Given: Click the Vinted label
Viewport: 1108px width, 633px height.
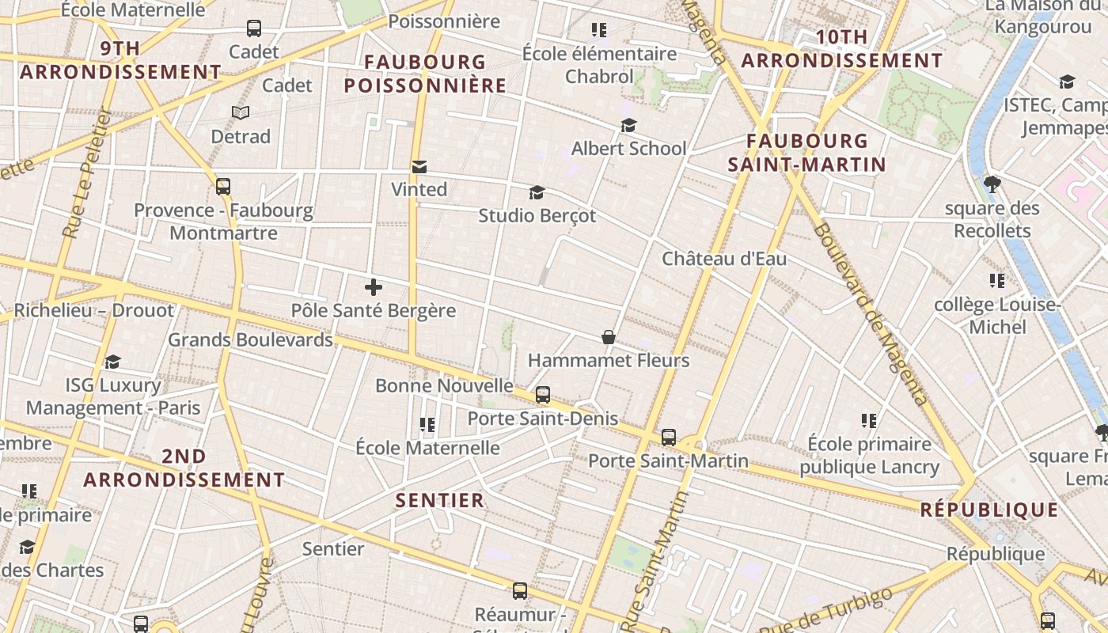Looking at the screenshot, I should point(419,190).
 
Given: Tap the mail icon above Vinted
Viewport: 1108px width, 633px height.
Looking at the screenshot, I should point(419,167).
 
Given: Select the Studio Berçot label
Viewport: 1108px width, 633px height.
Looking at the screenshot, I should point(537,215).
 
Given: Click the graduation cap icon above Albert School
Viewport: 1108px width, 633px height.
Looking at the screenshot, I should point(628,126).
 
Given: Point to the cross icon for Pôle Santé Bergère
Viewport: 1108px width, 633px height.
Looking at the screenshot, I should point(374,287).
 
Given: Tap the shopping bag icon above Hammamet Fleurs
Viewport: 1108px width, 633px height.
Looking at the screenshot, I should point(608,338).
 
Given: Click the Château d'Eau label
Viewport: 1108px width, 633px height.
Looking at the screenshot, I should point(724,259).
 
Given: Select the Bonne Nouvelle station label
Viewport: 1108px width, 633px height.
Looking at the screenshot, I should point(444,386).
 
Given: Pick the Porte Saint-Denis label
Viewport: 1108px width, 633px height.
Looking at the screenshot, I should point(543,419).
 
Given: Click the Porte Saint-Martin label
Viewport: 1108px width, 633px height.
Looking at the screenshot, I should point(668,461).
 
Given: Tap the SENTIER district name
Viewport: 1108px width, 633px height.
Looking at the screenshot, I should point(439,500).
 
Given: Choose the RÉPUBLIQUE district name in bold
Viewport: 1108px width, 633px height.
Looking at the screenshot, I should point(988,510).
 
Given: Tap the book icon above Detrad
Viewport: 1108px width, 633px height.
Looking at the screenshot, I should point(241,113).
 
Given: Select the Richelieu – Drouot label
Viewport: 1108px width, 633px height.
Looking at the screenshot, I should point(93,310).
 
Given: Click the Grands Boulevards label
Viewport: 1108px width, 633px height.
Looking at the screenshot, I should point(250,340).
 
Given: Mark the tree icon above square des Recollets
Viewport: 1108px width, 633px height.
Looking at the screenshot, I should point(992,184).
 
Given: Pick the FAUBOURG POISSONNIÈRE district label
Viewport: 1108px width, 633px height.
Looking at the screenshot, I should point(425,74).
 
